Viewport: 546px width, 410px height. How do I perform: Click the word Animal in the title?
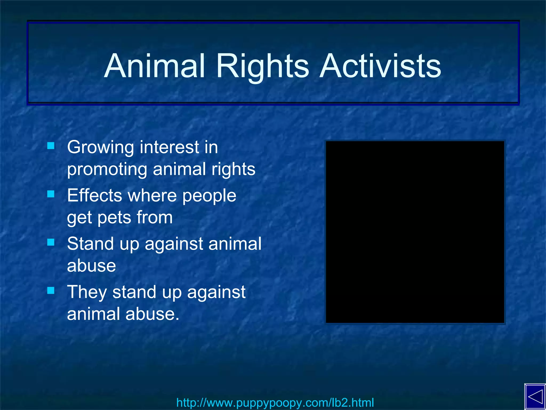click(x=155, y=66)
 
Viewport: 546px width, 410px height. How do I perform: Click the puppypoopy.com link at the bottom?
click(x=275, y=403)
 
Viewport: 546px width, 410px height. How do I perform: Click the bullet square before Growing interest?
click(x=51, y=146)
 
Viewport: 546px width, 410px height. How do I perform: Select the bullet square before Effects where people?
click(x=51, y=194)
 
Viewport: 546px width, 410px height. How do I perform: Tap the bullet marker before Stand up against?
click(x=51, y=242)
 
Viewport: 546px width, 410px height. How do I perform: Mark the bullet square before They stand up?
click(x=51, y=290)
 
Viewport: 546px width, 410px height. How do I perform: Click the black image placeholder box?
click(x=415, y=232)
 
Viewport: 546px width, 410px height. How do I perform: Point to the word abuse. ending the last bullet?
click(x=152, y=314)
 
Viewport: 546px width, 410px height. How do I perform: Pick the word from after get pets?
click(x=155, y=217)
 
